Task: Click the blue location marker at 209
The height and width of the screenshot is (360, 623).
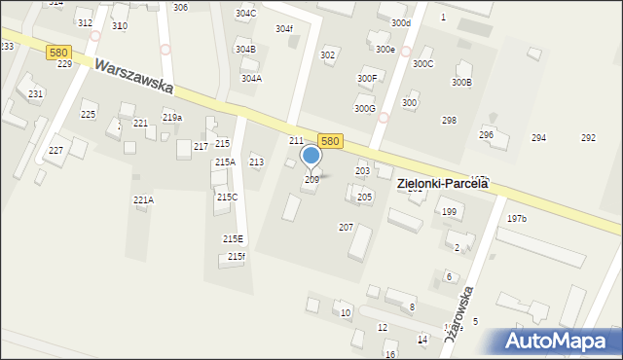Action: tap(311, 156)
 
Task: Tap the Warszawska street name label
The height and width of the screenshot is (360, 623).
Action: tap(133, 74)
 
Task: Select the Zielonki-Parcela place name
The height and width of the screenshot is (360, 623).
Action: tap(441, 183)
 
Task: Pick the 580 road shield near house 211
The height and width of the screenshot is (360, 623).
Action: tap(330, 141)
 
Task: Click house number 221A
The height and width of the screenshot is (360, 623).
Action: tap(143, 199)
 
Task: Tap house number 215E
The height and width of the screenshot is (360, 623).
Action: tap(233, 238)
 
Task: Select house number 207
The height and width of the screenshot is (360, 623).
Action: tap(346, 227)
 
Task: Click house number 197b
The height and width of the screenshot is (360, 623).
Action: tap(516, 219)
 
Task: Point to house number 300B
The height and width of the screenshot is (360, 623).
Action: tap(461, 83)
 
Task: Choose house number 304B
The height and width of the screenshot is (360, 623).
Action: tap(245, 49)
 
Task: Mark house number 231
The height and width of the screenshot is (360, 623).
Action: tap(35, 93)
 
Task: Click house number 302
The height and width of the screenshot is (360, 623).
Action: tap(328, 55)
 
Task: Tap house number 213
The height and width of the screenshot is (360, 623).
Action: tap(256, 162)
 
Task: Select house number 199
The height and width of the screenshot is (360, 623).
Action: tap(449, 211)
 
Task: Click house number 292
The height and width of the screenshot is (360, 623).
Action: tap(588, 138)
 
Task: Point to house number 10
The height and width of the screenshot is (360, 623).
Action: tap(346, 312)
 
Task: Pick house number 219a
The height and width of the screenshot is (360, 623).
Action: tap(171, 118)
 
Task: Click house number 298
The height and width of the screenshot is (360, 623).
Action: tap(449, 120)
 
